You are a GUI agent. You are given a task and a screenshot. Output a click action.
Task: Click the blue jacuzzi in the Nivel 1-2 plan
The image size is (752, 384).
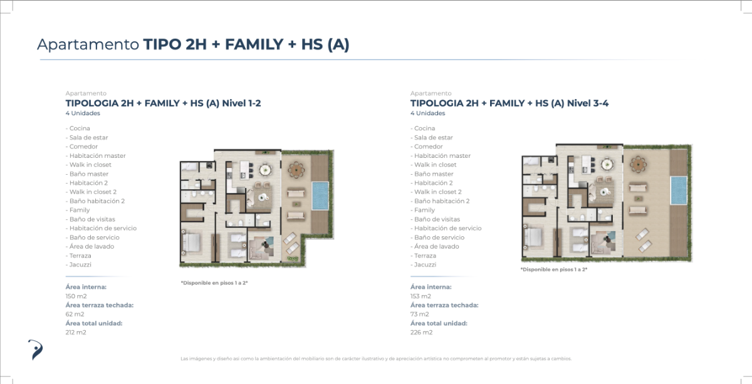pos(320,195)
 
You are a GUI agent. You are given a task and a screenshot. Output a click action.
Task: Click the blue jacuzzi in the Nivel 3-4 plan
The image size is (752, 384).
pos(679,190)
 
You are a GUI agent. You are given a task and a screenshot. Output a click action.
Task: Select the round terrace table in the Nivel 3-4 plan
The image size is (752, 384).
pos(638,165)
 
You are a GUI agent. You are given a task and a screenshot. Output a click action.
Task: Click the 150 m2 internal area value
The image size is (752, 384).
pos(76,296)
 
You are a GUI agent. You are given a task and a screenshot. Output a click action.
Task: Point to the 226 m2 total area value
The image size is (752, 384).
pos(421,332)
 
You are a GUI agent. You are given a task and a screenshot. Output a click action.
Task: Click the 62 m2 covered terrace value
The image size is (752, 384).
pos(75,314)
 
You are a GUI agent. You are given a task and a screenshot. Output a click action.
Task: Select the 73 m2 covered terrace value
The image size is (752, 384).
pos(420,314)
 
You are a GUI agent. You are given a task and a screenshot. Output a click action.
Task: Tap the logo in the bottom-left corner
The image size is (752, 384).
pos(35,350)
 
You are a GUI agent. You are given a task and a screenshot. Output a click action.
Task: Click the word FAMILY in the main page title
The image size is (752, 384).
pos(254,44)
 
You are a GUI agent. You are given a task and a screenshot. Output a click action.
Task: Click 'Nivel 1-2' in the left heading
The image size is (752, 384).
pos(241,103)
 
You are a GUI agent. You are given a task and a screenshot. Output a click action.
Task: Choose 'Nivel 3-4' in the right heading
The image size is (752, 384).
pos(588,103)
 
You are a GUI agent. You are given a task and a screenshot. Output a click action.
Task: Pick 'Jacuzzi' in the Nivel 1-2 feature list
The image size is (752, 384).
pos(80,264)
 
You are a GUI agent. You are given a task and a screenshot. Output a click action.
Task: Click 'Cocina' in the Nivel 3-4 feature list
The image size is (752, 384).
pos(425,128)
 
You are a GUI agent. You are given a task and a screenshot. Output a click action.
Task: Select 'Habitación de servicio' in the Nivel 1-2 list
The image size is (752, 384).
pos(103,228)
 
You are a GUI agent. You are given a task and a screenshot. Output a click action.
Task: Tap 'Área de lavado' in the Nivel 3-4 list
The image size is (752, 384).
pos(436,246)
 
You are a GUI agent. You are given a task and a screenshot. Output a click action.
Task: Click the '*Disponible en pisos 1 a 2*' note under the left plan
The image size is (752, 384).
pos(214,283)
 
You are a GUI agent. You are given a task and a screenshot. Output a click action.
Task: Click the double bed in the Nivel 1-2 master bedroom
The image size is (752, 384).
pos(191,242)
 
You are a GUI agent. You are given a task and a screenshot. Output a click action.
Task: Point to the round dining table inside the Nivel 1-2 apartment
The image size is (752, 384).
pos(266,170)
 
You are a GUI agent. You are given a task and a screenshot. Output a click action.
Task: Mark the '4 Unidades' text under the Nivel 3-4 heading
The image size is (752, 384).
pos(427,113)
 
